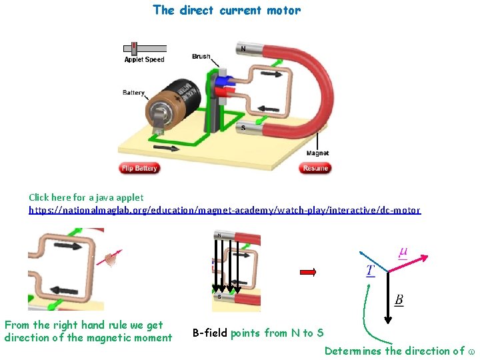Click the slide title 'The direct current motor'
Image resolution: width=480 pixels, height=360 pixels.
[x=227, y=10]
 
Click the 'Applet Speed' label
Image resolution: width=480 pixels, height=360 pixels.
[x=144, y=59]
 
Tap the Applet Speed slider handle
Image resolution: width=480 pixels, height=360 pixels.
[x=134, y=48]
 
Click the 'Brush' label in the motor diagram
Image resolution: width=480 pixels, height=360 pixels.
[x=201, y=57]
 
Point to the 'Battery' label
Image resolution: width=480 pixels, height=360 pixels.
[x=133, y=93]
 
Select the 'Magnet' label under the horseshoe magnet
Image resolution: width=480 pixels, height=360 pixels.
[x=317, y=153]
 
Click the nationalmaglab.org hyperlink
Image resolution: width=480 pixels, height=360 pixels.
[x=225, y=210]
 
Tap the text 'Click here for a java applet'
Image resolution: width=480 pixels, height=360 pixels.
[x=86, y=197]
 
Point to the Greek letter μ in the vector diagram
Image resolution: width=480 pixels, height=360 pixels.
[x=403, y=252]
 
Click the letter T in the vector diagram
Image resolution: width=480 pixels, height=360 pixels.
[x=370, y=270]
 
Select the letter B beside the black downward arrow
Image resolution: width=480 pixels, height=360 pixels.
[x=399, y=300]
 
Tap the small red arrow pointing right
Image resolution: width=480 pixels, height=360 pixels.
[x=307, y=272]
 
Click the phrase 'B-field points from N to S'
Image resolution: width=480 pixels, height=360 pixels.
[x=258, y=333]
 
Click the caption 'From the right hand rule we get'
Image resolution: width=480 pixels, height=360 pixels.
[x=83, y=325]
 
